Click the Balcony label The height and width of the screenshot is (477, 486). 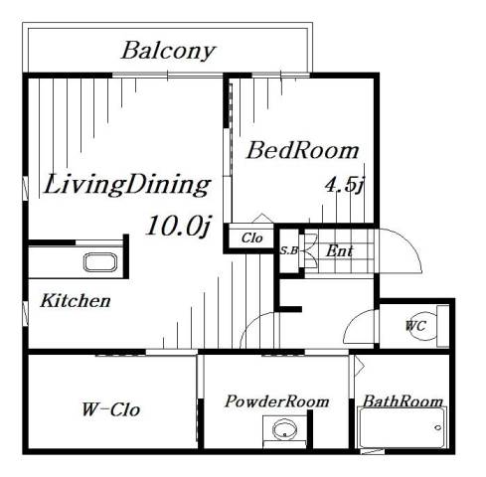[168, 52]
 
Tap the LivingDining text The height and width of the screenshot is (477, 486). [127, 185]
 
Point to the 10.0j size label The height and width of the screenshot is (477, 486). [179, 227]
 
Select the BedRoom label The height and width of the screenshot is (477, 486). [302, 151]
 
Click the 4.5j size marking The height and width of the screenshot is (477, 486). [345, 186]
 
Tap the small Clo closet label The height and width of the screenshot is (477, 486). [251, 238]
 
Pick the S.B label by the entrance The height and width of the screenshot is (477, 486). [289, 250]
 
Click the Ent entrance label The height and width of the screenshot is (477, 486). [339, 250]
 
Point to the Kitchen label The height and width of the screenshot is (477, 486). [76, 301]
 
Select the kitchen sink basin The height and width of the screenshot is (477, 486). [100, 262]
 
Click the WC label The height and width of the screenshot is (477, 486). [415, 326]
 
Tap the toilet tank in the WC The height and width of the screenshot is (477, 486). [443, 327]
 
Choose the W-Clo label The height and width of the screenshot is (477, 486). [110, 409]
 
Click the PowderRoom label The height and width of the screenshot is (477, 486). [276, 401]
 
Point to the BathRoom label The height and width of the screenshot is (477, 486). [403, 401]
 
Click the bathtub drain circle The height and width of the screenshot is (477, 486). [438, 427]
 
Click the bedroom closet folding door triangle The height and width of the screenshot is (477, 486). [261, 218]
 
